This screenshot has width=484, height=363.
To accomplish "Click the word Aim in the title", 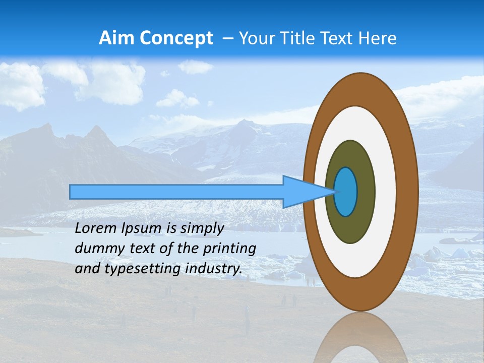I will pos(116,38).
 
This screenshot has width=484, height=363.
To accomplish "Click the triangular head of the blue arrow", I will pos(302,192).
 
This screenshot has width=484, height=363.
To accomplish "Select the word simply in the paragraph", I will pos(200,228).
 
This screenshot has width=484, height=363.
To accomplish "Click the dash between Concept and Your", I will pos(227,38).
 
